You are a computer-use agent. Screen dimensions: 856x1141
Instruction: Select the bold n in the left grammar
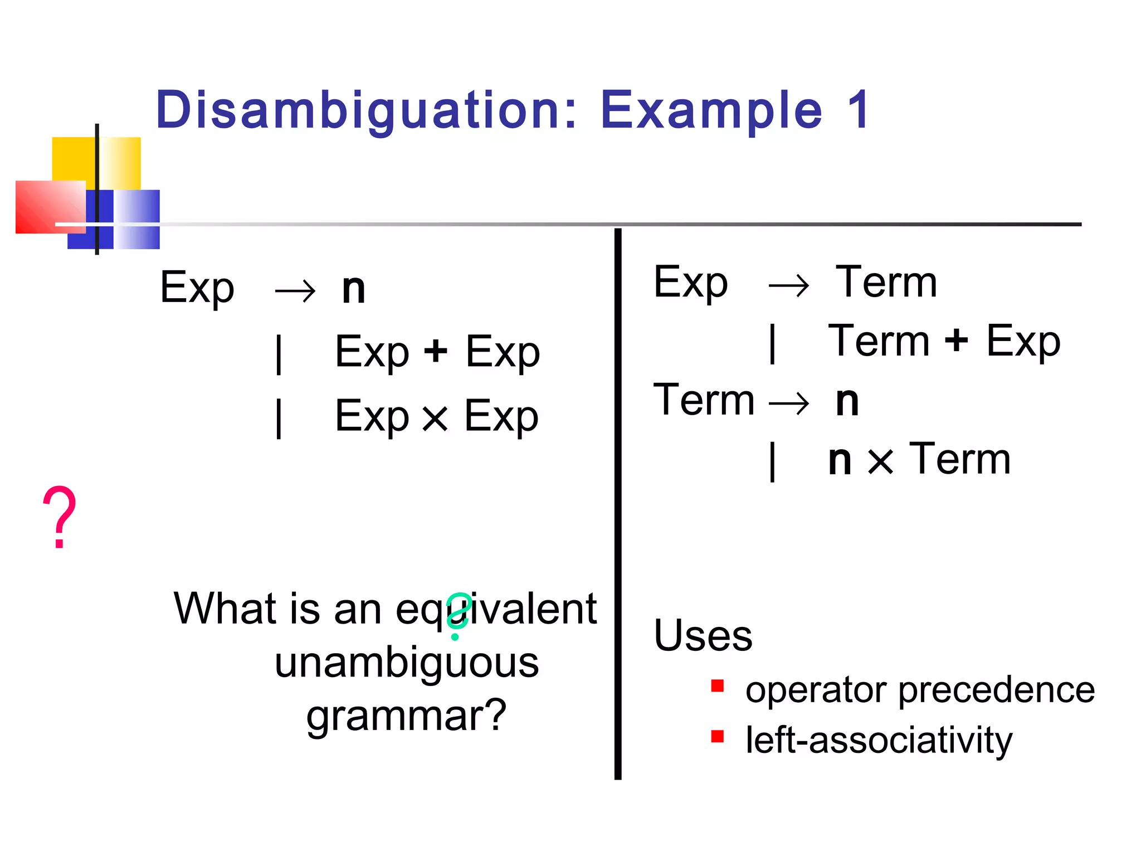pyautogui.click(x=354, y=290)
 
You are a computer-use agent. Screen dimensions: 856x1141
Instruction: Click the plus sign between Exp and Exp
pyautogui.click(x=436, y=352)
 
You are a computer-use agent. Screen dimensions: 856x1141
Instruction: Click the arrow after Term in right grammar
pyautogui.click(x=789, y=402)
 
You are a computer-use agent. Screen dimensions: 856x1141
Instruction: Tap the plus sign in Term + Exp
pyautogui.click(x=957, y=340)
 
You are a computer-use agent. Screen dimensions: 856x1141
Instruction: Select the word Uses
pyautogui.click(x=703, y=635)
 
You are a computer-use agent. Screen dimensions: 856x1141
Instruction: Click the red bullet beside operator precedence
pyautogui.click(x=718, y=685)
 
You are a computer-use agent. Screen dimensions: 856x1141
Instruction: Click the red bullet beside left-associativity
pyautogui.click(x=718, y=737)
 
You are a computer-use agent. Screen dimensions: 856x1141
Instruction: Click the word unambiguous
pyautogui.click(x=407, y=663)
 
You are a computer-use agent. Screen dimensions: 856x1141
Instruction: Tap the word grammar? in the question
pyautogui.click(x=407, y=716)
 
